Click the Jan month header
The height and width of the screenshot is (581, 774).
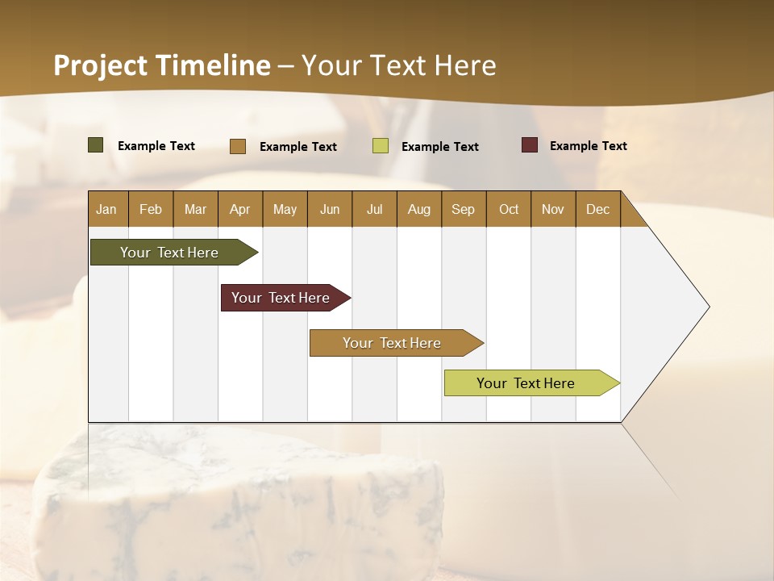pyautogui.click(x=106, y=209)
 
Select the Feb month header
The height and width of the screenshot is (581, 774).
pyautogui.click(x=151, y=209)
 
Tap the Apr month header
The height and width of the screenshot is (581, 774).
pyautogui.click(x=239, y=209)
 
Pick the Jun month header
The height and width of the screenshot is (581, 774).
pyautogui.click(x=330, y=209)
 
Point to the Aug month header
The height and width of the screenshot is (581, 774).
pyautogui.click(x=418, y=209)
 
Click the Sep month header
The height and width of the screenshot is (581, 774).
pyautogui.click(x=463, y=209)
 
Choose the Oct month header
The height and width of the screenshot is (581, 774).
pyautogui.click(x=509, y=209)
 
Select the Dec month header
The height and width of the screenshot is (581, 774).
pyautogui.click(x=597, y=209)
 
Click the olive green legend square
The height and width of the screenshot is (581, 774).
pyautogui.click(x=96, y=145)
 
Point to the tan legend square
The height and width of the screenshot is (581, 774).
pyautogui.click(x=238, y=146)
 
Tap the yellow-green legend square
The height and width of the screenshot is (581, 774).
pyautogui.click(x=381, y=146)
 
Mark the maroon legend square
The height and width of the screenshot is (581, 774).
pyautogui.click(x=530, y=145)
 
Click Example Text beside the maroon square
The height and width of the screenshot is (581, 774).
pyautogui.click(x=588, y=146)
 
